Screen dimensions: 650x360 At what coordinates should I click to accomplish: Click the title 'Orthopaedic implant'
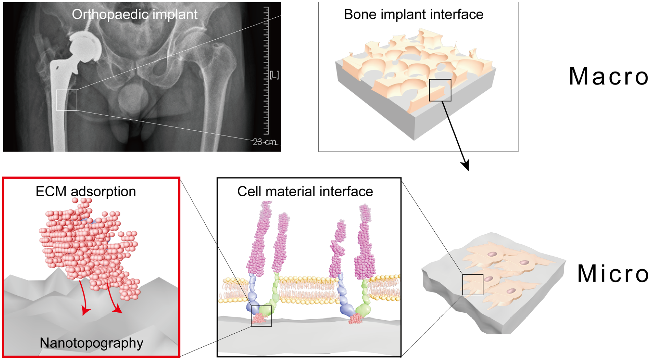[x=134, y=14]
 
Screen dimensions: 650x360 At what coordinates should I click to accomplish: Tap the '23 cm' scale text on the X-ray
[x=264, y=142]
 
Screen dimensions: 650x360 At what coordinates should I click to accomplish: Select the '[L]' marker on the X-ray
[x=274, y=75]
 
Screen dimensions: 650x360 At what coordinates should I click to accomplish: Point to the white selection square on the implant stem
[x=67, y=100]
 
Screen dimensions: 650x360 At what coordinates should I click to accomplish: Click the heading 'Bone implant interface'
[x=413, y=14]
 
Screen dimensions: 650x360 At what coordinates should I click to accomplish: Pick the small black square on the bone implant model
[x=440, y=90]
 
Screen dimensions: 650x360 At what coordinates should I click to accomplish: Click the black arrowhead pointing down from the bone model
[x=466, y=165]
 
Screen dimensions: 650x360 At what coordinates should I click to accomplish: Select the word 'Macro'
[x=609, y=76]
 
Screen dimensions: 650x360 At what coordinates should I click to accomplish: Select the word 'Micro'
[x=613, y=274]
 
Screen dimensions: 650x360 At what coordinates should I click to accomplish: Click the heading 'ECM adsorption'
[x=86, y=192]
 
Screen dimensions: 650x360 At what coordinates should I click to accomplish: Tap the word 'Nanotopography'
[x=91, y=343]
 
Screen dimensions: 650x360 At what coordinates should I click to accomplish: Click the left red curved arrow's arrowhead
[x=85, y=310]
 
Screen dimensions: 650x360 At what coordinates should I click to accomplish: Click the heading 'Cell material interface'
[x=305, y=192]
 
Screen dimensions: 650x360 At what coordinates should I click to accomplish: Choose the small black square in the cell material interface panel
[x=261, y=316]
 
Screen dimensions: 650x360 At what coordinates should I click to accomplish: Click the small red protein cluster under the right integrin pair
[x=356, y=319]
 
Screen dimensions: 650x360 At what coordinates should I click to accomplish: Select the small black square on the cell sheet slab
[x=473, y=284]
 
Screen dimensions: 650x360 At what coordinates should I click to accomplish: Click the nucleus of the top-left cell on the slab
[x=492, y=254]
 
